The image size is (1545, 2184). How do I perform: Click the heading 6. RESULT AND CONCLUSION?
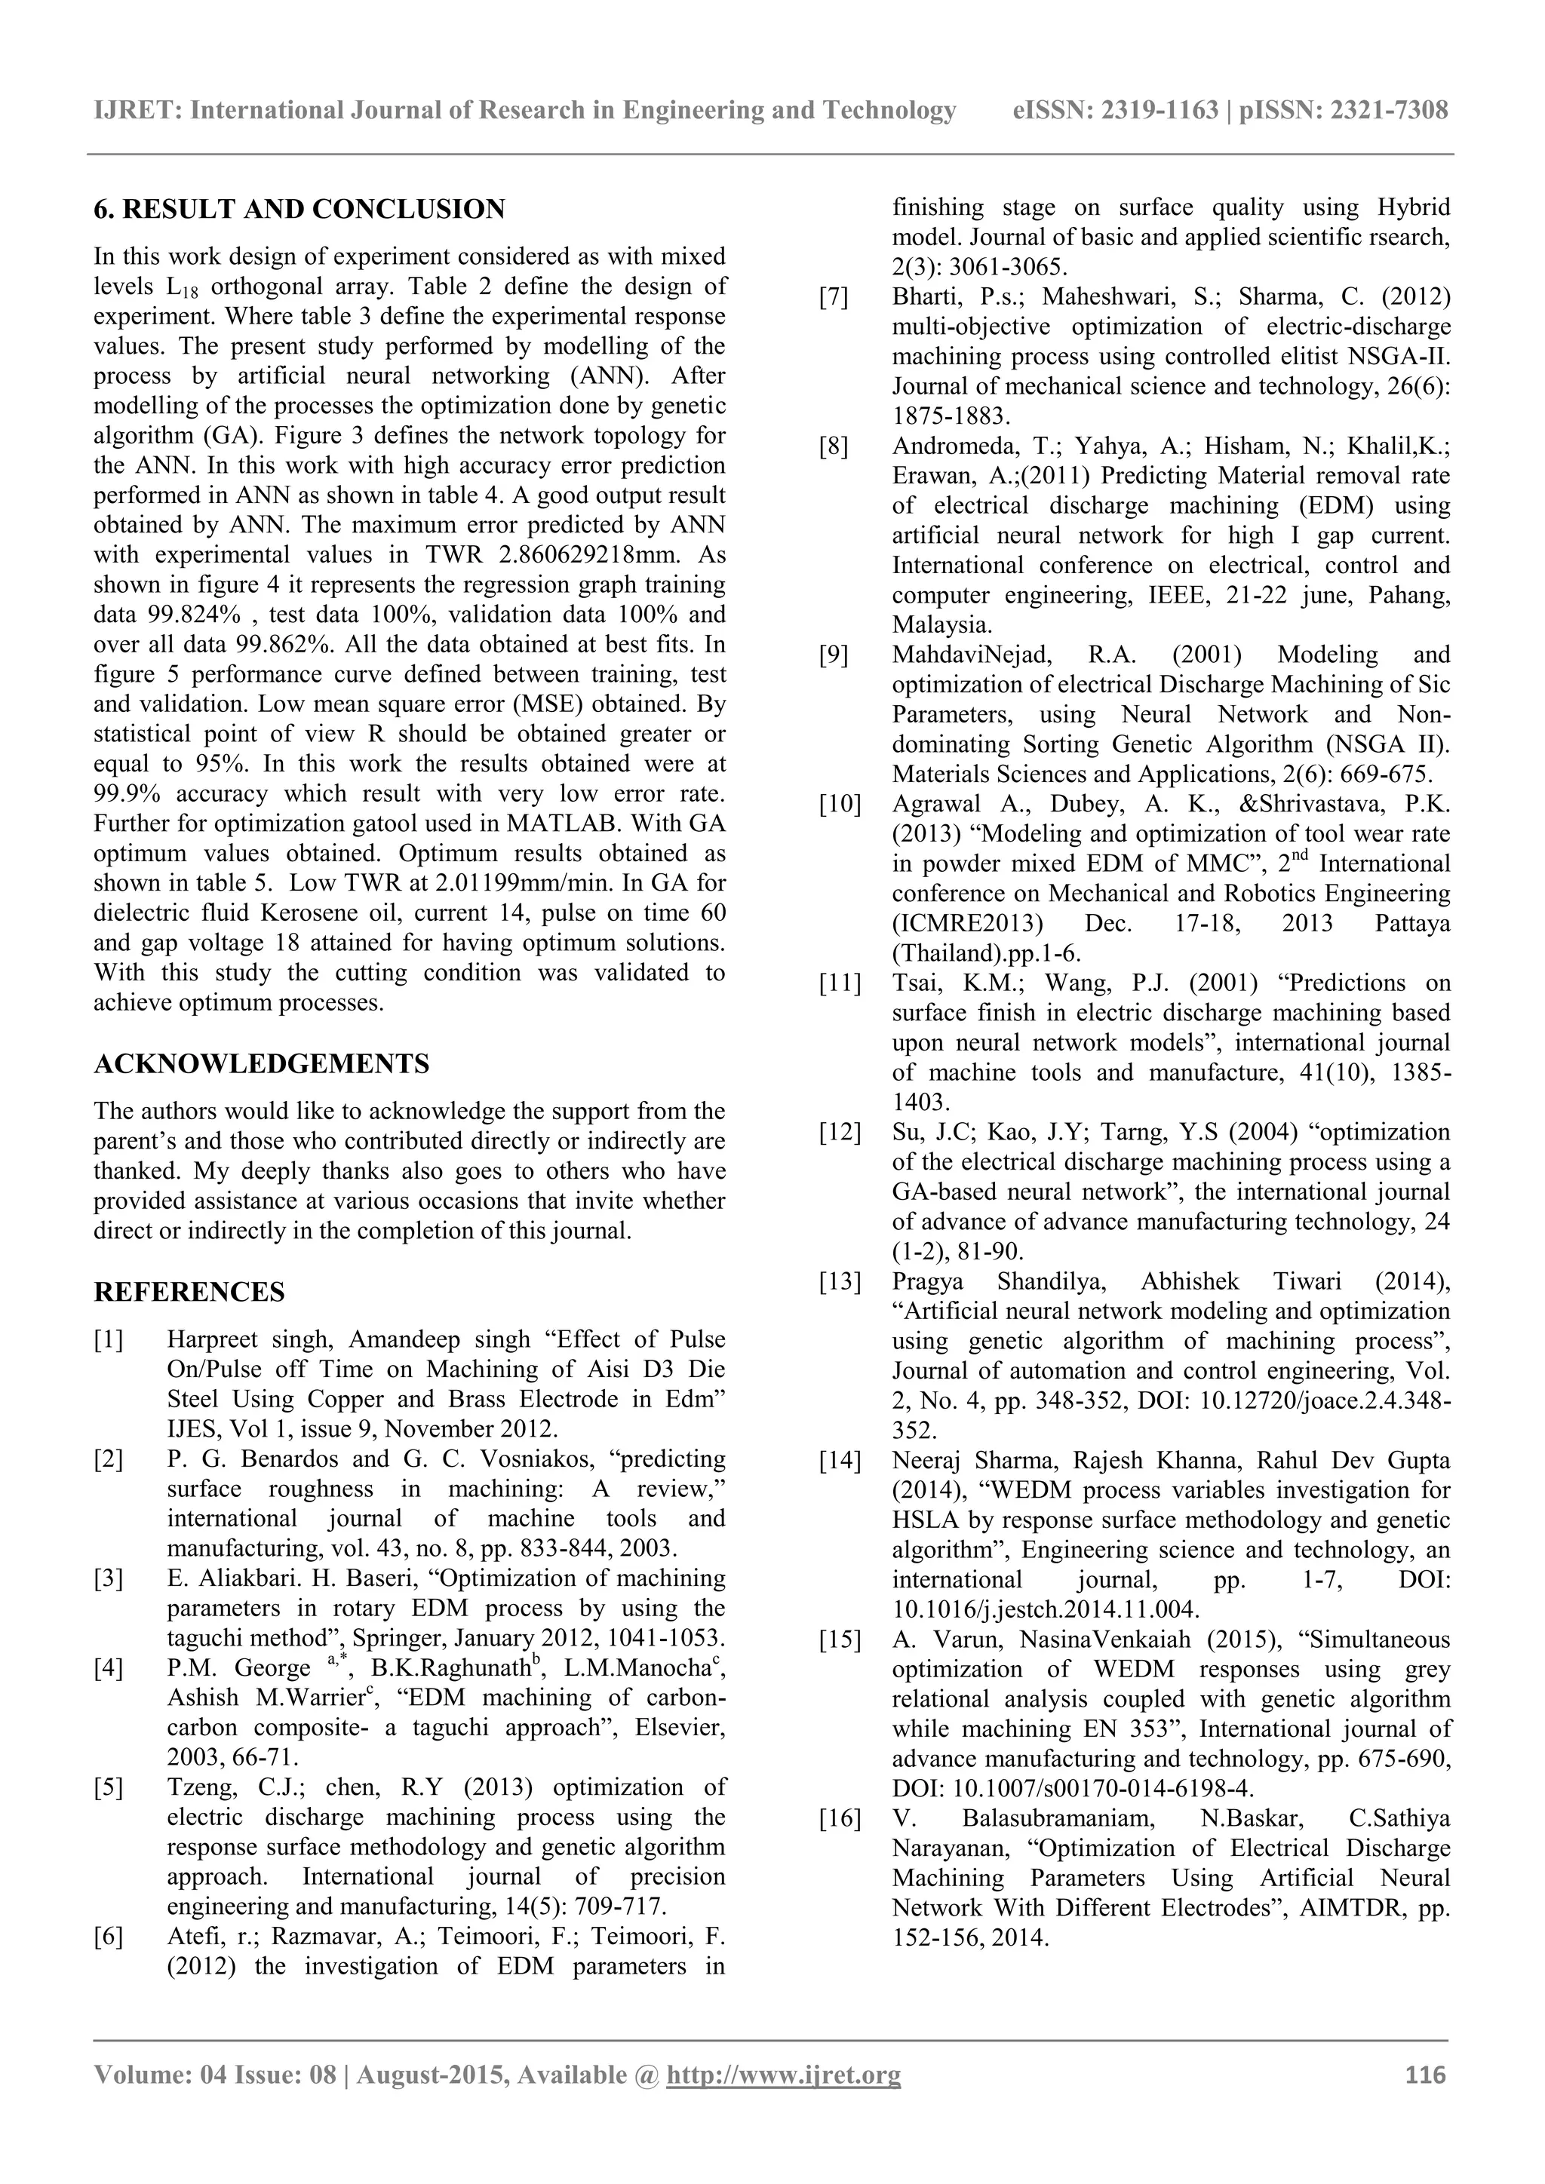299,209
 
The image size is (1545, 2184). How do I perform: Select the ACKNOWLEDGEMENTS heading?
262,1063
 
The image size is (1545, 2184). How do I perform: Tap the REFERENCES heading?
189,1292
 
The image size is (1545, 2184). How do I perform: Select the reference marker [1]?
109,1340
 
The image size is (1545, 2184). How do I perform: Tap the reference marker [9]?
834,655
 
